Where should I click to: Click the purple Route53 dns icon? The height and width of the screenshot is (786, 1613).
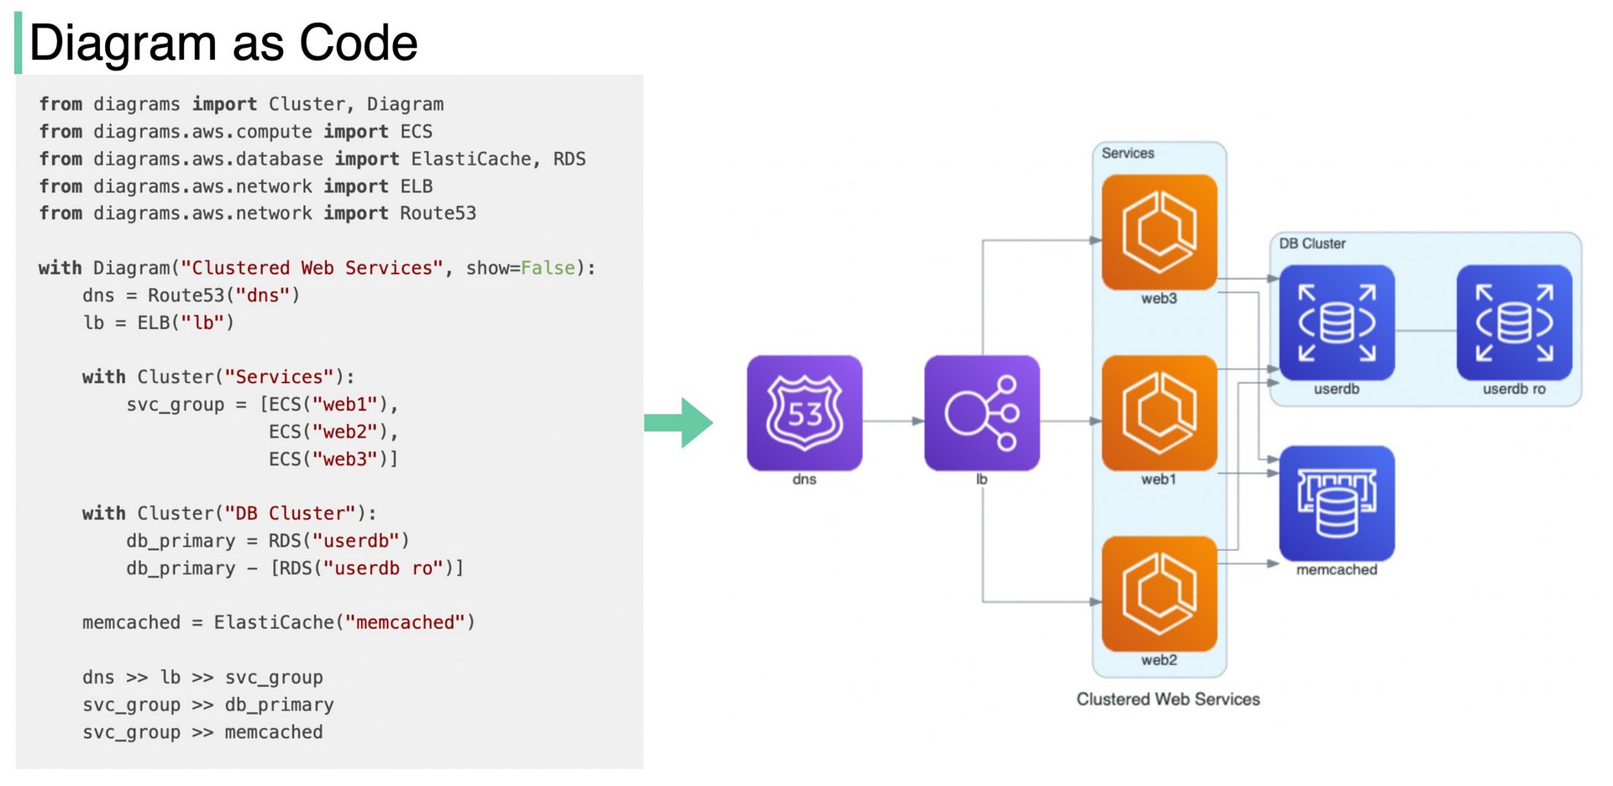[804, 412]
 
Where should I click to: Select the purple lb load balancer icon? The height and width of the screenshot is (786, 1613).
[981, 412]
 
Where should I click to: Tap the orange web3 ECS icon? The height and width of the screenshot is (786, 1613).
[1159, 232]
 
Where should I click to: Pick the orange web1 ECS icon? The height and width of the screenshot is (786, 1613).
[1159, 412]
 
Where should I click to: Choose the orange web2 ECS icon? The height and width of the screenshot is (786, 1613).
[1159, 594]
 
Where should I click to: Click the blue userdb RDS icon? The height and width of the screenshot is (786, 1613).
[1336, 322]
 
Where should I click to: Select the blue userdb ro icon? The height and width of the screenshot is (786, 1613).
[1514, 322]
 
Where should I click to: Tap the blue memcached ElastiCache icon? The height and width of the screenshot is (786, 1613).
[1336, 503]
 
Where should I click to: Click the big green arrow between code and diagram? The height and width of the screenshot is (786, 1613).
[680, 422]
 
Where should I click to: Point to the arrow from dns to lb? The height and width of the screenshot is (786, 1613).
[892, 421]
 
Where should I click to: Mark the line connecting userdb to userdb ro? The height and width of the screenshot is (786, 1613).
[1425, 330]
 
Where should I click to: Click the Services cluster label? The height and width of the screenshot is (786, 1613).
[1127, 154]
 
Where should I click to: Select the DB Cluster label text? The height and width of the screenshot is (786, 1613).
[1311, 244]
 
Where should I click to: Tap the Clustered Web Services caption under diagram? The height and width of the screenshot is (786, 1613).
[1168, 699]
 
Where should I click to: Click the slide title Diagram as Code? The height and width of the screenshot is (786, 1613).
[223, 43]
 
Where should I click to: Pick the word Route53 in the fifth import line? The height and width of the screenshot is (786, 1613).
[438, 213]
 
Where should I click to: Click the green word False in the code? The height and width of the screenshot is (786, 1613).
[548, 268]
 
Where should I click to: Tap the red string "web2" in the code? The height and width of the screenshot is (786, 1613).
[344, 432]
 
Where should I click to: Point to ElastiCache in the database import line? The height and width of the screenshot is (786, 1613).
[470, 159]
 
